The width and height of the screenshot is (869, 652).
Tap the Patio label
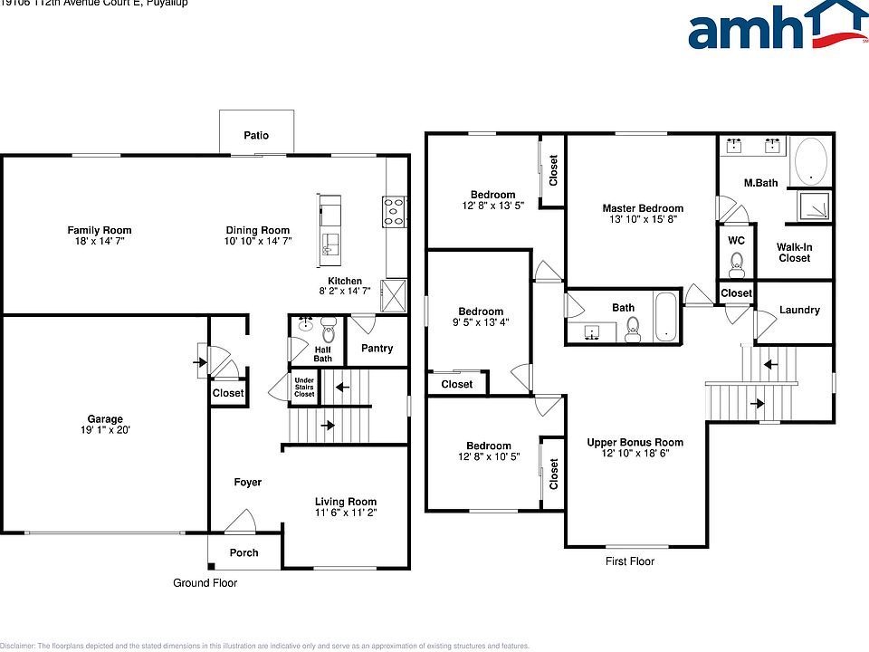click(256, 136)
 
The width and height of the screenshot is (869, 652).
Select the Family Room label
click(100, 230)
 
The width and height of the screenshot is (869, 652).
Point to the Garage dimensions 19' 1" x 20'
click(105, 431)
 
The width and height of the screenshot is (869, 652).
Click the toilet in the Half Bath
click(328, 324)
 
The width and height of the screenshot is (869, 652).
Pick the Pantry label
click(377, 348)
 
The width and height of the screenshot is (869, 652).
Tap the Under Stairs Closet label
click(303, 388)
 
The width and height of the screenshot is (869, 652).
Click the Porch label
click(244, 552)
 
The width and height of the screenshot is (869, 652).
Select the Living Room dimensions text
click(345, 513)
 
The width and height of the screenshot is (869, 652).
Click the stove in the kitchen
click(395, 211)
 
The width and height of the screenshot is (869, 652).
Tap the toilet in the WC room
click(736, 264)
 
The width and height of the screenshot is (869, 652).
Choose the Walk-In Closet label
click(794, 253)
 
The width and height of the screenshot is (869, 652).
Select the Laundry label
click(799, 310)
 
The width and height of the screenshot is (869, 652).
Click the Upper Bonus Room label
click(635, 443)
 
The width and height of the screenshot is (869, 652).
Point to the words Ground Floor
click(205, 583)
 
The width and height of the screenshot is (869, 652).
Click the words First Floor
click(629, 561)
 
